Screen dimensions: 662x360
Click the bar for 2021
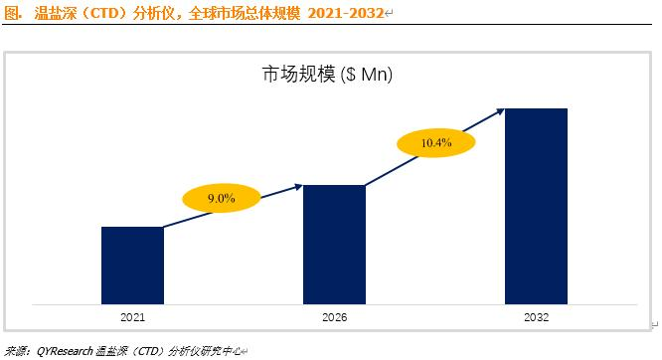132,266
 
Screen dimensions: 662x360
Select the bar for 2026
334,245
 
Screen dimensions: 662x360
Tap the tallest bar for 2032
536,206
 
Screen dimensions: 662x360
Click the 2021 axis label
132,317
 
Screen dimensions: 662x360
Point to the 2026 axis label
334,317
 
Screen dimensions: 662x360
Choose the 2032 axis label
536,317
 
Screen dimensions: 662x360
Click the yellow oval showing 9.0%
222,198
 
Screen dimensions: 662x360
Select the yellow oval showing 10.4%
436,143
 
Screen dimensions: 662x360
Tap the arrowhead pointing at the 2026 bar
298,186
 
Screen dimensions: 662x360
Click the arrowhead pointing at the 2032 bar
500,111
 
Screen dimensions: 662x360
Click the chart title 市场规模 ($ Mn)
327,75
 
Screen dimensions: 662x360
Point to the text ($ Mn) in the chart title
367,75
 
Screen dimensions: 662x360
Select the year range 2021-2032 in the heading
345,13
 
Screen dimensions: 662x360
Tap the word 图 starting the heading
11,13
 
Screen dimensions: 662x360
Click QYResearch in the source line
65,351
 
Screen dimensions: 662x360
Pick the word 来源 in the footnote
15,351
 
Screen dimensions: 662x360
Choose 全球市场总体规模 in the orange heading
245,13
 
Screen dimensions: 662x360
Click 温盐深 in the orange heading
55,13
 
